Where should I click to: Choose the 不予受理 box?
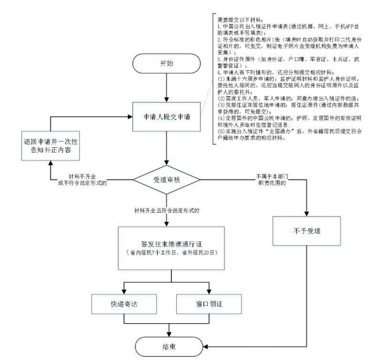click(306, 231)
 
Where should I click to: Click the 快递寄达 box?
click(123, 303)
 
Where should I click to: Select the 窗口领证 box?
click(210, 303)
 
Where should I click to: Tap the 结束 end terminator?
click(167, 346)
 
